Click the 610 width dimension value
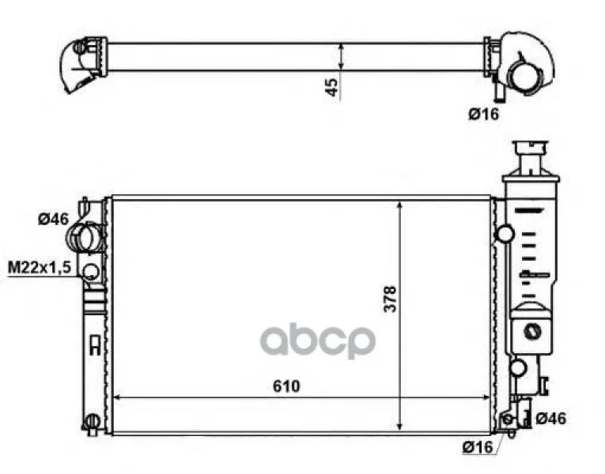point(286,386)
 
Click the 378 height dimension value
point(390,299)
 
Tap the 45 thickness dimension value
point(332,87)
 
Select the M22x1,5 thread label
point(40,267)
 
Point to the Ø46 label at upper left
point(53,219)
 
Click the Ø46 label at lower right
point(551,418)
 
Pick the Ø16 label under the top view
point(484,114)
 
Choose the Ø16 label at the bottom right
point(478,447)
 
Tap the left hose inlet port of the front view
point(85,237)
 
